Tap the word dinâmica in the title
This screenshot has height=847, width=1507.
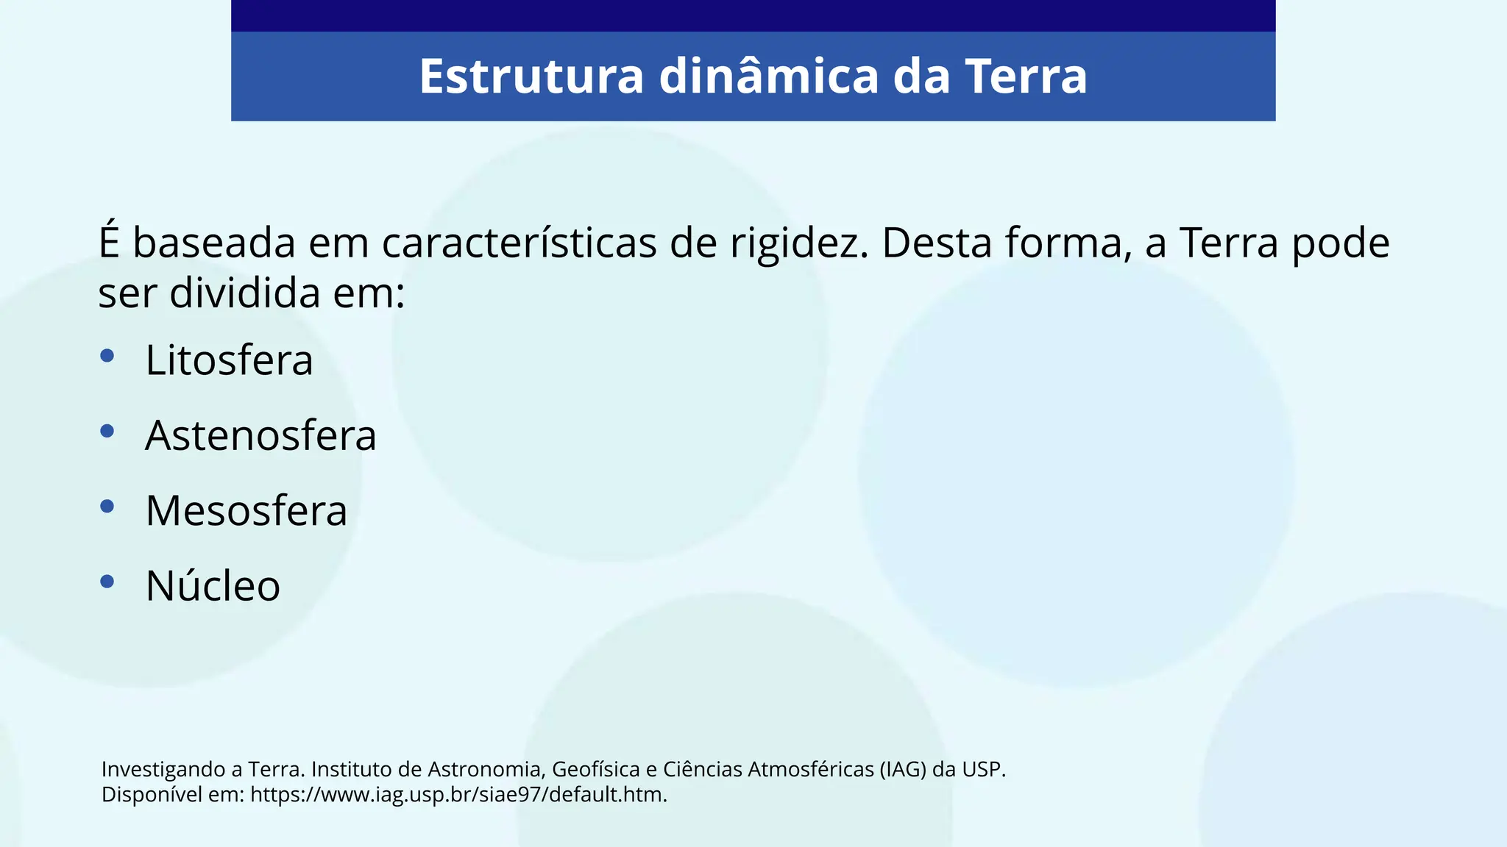point(768,76)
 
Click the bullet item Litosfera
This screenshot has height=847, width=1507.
point(229,360)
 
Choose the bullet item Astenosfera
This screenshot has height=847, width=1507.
point(260,435)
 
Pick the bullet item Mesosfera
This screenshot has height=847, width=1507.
point(246,510)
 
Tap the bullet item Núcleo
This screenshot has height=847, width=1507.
point(213,586)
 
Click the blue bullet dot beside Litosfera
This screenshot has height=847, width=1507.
point(107,356)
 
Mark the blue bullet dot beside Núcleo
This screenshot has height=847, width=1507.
point(107,582)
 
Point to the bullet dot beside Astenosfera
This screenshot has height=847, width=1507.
point(107,431)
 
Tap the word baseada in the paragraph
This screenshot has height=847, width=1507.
point(213,243)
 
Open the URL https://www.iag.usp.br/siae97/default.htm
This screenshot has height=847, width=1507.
point(458,795)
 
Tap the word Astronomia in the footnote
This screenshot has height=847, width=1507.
point(485,770)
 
